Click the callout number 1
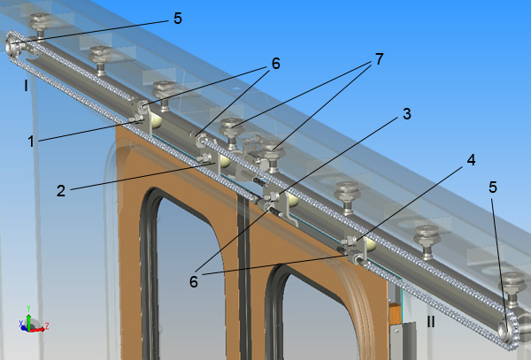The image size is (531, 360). (x=31, y=142)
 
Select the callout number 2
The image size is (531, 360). (x=61, y=191)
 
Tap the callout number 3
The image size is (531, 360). (x=407, y=114)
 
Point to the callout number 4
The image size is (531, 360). (x=471, y=160)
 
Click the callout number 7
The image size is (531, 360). (x=380, y=59)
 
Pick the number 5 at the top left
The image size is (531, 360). (x=178, y=19)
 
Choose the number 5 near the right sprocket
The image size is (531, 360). (x=493, y=188)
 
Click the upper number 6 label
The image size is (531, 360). (x=276, y=64)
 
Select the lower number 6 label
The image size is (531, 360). (x=193, y=281)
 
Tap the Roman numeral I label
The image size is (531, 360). (x=26, y=86)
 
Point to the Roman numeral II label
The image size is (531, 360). (x=431, y=322)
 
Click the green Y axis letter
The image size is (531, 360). (x=29, y=308)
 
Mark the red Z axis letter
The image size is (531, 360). (x=47, y=326)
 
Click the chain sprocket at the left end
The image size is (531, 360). (x=12, y=46)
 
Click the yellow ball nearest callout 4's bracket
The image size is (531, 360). (x=370, y=244)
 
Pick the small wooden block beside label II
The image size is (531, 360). (x=395, y=312)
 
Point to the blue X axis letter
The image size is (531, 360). (x=21, y=324)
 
